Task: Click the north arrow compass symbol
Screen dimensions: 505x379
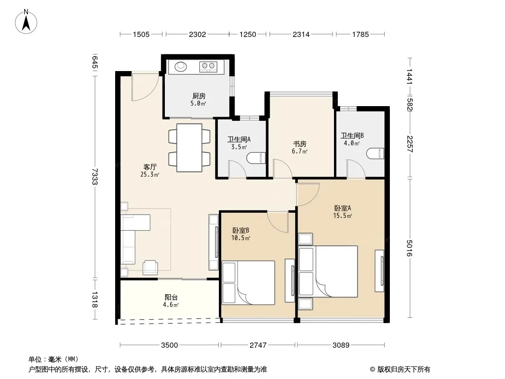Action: click(x=26, y=21)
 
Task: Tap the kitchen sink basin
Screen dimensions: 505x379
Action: click(x=180, y=66)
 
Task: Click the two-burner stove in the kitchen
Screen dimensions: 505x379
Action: click(x=208, y=66)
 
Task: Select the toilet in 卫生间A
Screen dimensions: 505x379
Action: click(x=256, y=158)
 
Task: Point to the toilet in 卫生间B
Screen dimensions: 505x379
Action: click(x=376, y=153)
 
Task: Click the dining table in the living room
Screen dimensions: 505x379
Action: click(x=189, y=147)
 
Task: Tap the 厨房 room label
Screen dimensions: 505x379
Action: click(x=198, y=96)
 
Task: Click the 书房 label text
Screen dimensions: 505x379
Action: click(x=299, y=144)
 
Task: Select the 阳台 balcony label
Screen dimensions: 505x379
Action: click(x=171, y=297)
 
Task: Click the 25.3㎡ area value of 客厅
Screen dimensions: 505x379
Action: click(x=150, y=174)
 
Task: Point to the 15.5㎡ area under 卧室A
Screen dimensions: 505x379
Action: click(x=343, y=216)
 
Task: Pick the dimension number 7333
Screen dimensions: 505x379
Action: click(x=94, y=176)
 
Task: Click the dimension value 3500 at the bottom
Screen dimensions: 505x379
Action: click(x=170, y=345)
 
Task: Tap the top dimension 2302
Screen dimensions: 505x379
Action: click(x=197, y=34)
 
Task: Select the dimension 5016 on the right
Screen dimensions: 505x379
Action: click(x=409, y=248)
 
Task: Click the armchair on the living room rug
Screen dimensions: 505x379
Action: click(x=150, y=267)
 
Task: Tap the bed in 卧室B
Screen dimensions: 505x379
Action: click(x=248, y=283)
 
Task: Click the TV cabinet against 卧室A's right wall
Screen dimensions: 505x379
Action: click(x=379, y=271)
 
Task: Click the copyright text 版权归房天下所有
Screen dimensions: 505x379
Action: click(x=404, y=370)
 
